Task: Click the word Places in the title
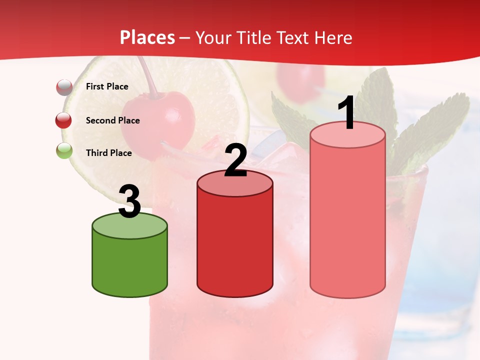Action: [x=147, y=37]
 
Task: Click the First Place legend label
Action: [x=107, y=86]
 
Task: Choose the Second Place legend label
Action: [x=112, y=120]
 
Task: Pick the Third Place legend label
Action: [x=109, y=153]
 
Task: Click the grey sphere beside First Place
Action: [x=64, y=87]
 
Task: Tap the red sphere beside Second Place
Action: [x=64, y=120]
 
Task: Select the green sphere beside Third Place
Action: [x=64, y=150]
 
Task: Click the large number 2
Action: [x=235, y=161]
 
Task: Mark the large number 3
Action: [x=129, y=202]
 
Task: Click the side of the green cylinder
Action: [x=130, y=265]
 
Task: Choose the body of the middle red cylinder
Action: [x=235, y=245]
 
